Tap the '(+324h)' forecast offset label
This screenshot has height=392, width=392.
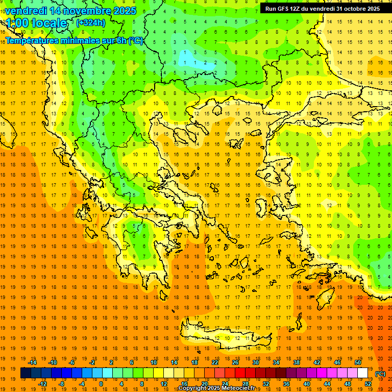point(90,22)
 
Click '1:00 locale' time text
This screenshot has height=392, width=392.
point(36,23)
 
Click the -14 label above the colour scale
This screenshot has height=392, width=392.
point(32,362)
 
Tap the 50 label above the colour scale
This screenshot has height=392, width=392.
point(357,362)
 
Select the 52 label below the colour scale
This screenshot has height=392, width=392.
point(368,384)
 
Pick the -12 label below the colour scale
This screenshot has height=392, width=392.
point(43,384)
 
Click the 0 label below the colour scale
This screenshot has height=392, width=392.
point(101,384)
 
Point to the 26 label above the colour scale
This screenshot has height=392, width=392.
point(235,362)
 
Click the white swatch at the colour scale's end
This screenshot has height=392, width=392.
point(362,373)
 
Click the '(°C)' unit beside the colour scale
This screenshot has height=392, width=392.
point(380,374)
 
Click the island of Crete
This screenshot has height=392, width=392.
point(227,338)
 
